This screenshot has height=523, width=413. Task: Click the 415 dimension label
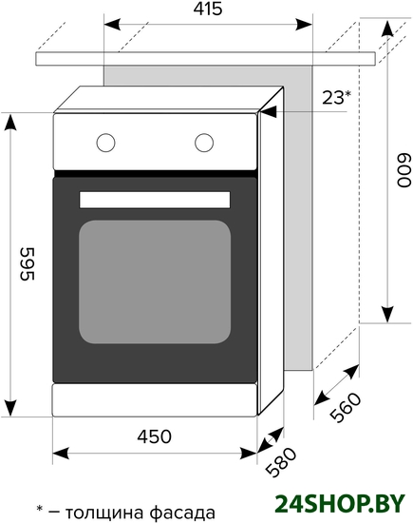pos(208,9)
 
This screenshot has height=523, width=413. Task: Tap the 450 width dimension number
pos(155,436)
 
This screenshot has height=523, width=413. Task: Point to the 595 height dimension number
pos(28,263)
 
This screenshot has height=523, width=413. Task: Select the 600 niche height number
pos(404,170)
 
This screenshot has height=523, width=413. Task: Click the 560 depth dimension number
pos(346,407)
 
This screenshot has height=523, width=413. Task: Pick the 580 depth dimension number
pos(281,462)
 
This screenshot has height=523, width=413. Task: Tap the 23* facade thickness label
pos(336,97)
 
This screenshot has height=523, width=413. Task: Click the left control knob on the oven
pos(106,143)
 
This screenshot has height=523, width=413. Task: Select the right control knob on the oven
pos(204,143)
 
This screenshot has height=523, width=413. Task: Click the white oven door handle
pos(155,200)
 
